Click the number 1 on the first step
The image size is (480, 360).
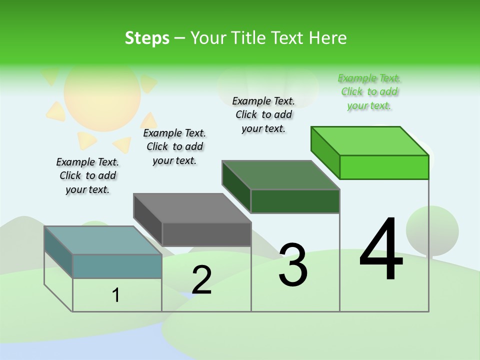[x=116, y=295]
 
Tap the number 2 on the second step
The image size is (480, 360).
[x=201, y=279]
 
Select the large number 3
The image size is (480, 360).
[x=293, y=264]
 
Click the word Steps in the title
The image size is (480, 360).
[x=147, y=38]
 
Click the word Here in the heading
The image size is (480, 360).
[x=329, y=38]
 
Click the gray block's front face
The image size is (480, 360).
[x=206, y=234]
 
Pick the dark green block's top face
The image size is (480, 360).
[x=280, y=175]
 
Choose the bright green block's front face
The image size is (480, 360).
[x=384, y=167]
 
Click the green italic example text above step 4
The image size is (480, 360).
[x=369, y=92]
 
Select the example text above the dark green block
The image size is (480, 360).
[x=263, y=114]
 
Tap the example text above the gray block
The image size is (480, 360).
[x=174, y=146]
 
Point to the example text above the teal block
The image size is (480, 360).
[x=87, y=175]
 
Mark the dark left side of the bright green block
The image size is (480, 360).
[x=325, y=152]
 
